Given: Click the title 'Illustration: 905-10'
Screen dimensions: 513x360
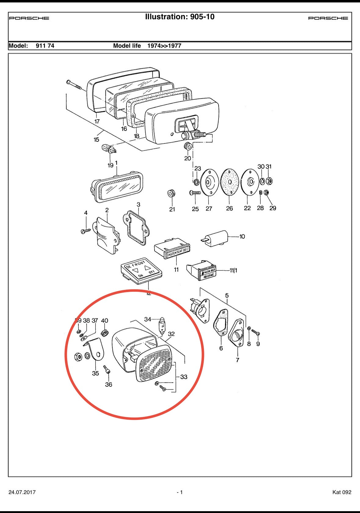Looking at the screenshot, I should click(x=180, y=17).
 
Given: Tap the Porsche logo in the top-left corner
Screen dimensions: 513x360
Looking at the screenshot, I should click(x=29, y=18).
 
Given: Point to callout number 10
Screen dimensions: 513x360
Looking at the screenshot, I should click(x=242, y=237).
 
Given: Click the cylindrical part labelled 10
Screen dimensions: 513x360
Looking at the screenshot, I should click(x=217, y=237).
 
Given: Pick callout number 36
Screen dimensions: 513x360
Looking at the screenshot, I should click(x=108, y=385).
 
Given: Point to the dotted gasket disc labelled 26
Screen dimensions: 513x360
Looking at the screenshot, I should click(x=229, y=182).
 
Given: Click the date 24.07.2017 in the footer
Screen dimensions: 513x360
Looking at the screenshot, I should click(x=22, y=492).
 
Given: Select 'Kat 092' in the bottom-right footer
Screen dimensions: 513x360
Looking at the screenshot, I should click(x=342, y=492).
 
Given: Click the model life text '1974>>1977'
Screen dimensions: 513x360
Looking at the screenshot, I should click(x=164, y=46).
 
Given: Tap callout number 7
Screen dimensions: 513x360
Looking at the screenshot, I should click(x=237, y=360).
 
